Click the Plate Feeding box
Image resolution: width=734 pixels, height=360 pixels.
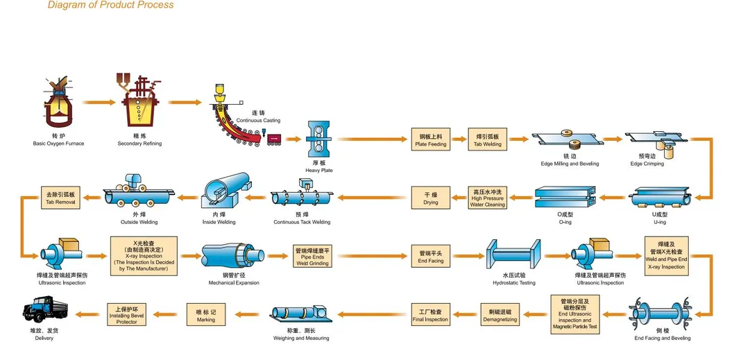(431, 140)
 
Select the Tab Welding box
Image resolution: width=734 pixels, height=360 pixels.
(487, 140)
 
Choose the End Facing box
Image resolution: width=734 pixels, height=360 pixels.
(431, 256)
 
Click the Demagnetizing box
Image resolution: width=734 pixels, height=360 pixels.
(500, 315)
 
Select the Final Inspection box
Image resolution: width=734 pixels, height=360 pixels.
(431, 315)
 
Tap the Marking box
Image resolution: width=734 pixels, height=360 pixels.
(205, 315)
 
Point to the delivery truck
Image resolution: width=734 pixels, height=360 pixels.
(44, 313)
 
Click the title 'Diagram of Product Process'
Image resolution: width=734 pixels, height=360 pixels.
(110, 5)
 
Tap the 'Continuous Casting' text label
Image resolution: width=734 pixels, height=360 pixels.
(258, 121)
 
